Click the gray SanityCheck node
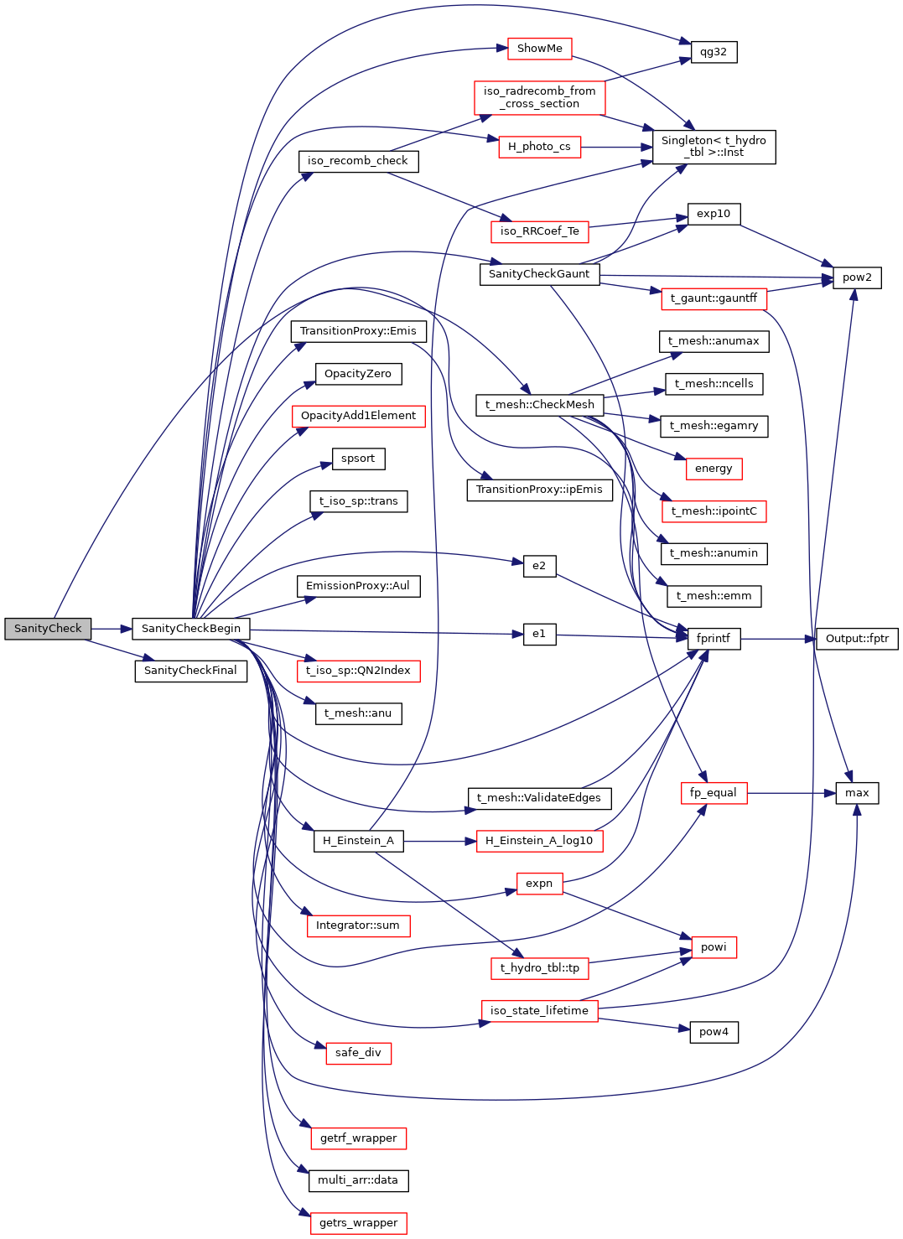point(48,629)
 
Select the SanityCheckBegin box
point(190,629)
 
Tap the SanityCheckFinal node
point(190,671)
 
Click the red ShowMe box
point(539,49)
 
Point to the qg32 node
point(713,52)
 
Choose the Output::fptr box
point(857,639)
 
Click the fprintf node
point(713,639)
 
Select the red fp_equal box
point(713,793)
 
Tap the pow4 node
point(714,1032)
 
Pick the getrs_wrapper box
point(358,1223)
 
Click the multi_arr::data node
point(358,1180)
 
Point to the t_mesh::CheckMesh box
point(539,405)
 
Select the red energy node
point(714,469)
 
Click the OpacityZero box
point(358,374)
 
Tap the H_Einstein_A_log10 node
point(539,841)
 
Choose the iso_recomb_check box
point(358,161)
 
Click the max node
point(857,793)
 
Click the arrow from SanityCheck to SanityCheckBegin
point(112,629)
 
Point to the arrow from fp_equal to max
point(791,793)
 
